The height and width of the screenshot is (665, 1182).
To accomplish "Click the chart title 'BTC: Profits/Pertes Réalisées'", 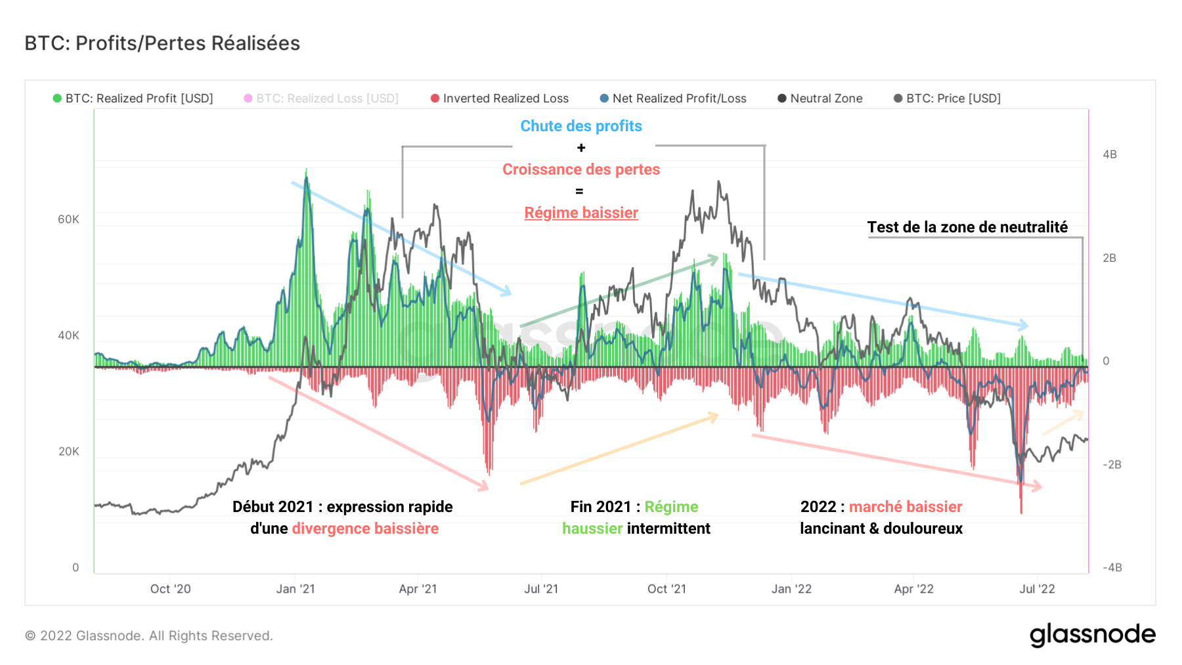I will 162,43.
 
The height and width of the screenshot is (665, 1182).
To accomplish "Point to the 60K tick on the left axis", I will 68,219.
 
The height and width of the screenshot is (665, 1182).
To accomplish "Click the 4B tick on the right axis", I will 1109,155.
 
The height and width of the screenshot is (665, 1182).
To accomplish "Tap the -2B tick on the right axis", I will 1111,465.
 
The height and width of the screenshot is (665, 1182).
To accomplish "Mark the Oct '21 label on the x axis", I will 667,589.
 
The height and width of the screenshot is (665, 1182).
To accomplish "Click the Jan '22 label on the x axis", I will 791,589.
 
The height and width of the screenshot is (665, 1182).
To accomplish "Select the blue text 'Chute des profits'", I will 581,126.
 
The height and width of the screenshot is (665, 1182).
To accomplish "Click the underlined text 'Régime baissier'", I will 581,213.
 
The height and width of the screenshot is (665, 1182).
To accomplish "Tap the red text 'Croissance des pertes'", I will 581,169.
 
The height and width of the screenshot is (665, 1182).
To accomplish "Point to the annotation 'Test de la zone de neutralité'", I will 967,227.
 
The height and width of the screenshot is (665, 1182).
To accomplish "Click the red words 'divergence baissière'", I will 365,528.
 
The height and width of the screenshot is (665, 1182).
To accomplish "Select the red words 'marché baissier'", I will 906,507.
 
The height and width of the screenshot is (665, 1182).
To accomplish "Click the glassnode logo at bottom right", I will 1092,635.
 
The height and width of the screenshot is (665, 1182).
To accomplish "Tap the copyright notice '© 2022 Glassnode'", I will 148,635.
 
